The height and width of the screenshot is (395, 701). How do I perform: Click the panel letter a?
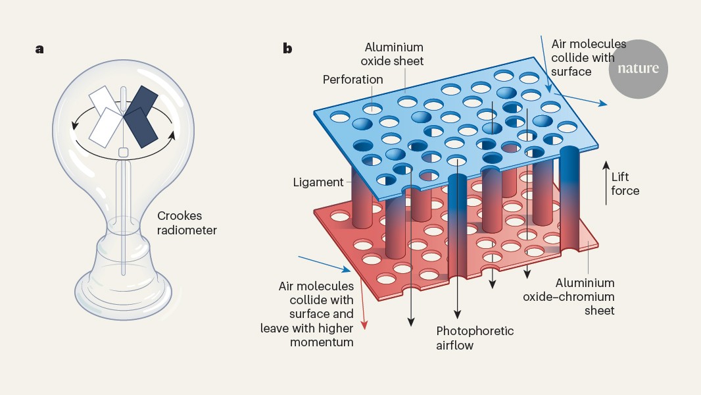[x=40, y=49]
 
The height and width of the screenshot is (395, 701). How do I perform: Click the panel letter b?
[x=287, y=49]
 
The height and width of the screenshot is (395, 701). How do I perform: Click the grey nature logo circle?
[x=638, y=69]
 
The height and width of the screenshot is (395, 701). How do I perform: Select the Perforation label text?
[x=352, y=80]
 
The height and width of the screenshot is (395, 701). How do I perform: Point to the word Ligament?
[x=318, y=182]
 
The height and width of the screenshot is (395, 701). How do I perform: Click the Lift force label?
[x=625, y=184]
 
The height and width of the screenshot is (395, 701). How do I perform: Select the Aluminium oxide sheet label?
[x=395, y=55]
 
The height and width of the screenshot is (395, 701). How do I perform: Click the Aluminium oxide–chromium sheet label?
[x=569, y=296]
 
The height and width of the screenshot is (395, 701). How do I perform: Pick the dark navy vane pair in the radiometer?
[x=141, y=115]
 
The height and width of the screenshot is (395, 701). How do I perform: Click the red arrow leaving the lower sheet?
[x=362, y=316]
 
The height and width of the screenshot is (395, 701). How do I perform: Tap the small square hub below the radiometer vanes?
[x=122, y=153]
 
